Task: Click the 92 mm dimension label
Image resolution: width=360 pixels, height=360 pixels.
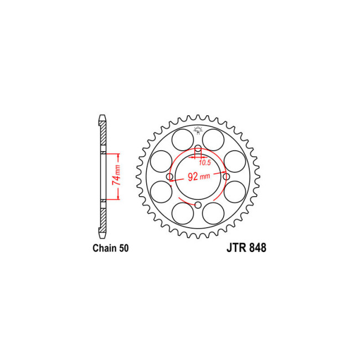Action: click(x=197, y=177)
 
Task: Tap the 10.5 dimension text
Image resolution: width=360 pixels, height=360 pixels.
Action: click(x=205, y=162)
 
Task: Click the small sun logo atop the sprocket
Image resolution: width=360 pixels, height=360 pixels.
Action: click(x=198, y=131)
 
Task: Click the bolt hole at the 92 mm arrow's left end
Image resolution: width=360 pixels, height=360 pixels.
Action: click(x=170, y=177)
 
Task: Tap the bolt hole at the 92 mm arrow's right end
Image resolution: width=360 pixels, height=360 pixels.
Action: click(x=227, y=177)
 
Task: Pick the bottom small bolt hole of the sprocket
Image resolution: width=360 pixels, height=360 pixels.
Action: click(x=198, y=205)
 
